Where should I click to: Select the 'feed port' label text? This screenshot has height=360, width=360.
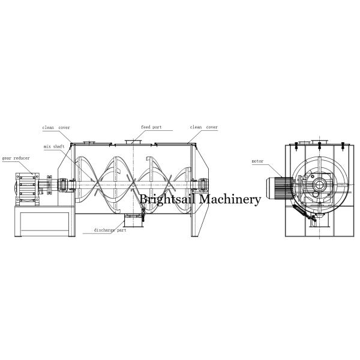pyautogui.click(x=151, y=127)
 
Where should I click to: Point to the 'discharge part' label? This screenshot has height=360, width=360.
pyautogui.click(x=109, y=230)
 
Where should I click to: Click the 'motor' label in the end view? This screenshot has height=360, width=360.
pyautogui.click(x=257, y=161)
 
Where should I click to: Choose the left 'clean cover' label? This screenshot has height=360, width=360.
pyautogui.click(x=55, y=127)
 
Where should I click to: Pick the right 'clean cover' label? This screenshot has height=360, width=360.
pyautogui.click(x=203, y=127)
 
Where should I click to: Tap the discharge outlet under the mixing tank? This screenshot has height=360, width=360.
pyautogui.click(x=134, y=221)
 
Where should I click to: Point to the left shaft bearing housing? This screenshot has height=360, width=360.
pyautogui.click(x=63, y=185)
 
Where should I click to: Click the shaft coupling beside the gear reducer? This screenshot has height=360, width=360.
pyautogui.click(x=48, y=185)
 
